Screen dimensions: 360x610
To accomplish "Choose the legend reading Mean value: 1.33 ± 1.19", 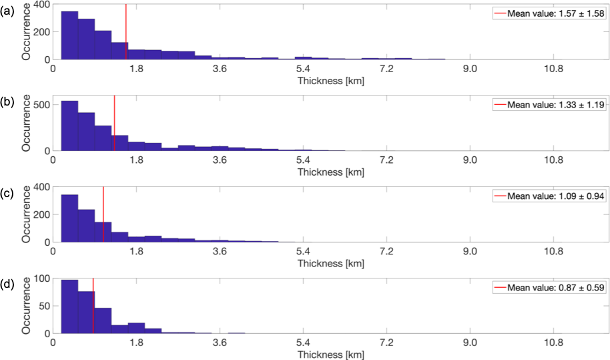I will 548,105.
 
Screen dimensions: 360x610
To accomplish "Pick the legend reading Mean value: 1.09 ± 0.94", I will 548,196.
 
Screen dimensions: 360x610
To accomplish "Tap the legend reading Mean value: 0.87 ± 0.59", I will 548,288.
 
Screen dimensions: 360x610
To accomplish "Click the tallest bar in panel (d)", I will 69,308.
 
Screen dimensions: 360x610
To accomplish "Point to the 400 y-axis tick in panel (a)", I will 42,5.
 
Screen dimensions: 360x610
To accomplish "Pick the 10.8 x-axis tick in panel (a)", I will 553,68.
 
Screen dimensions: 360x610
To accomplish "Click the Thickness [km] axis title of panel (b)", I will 331,172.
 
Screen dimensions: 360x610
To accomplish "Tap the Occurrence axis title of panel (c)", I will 27,214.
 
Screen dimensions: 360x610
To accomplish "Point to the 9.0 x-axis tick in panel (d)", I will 470,343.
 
